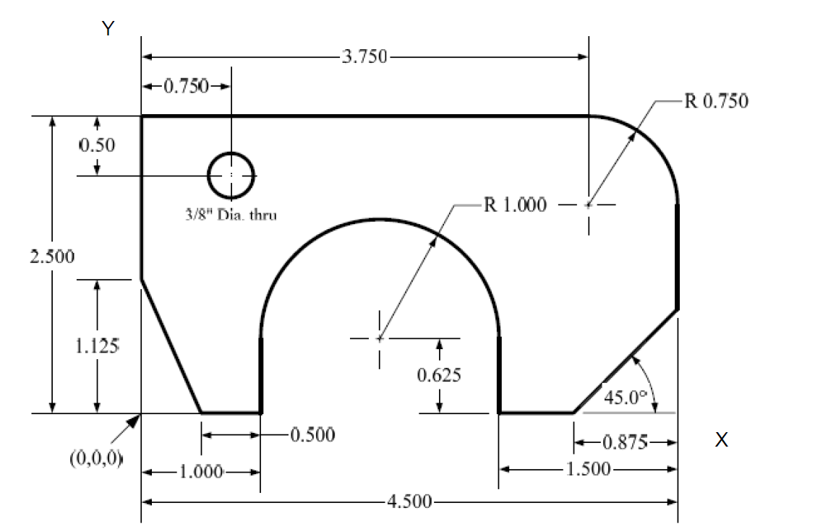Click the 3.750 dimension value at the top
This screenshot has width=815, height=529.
(364, 57)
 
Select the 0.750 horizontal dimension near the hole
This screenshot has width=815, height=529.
(186, 87)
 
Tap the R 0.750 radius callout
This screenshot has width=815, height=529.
(715, 100)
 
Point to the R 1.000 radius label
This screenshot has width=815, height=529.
(514, 205)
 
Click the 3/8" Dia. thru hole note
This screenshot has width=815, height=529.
(231, 215)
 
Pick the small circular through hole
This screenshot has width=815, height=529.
(231, 175)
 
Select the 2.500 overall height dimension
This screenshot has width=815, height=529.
(51, 257)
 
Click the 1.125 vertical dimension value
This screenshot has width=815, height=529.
(97, 345)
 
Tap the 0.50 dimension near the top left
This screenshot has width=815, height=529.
(97, 144)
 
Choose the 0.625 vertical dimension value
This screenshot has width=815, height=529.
(440, 375)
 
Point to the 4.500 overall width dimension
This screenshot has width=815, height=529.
(409, 502)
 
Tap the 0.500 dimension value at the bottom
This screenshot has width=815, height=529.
(312, 435)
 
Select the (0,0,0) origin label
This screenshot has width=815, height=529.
(97, 458)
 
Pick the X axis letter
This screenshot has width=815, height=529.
(720, 440)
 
